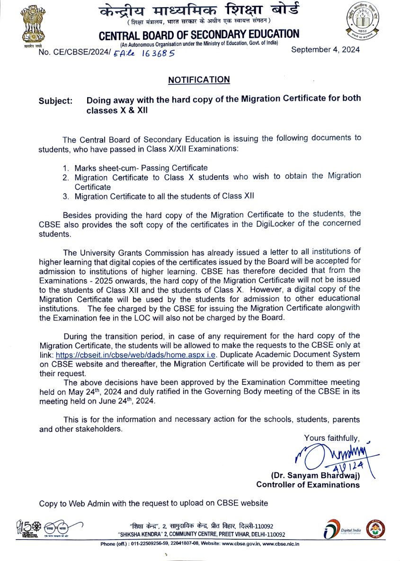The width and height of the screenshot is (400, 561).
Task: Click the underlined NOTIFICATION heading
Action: point(199,80)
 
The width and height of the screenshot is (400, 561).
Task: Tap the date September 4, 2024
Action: point(325,50)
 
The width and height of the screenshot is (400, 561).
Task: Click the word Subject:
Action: point(56,101)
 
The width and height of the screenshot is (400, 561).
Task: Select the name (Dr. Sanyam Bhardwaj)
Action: point(315,475)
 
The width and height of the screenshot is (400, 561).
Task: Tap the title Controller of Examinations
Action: point(308,485)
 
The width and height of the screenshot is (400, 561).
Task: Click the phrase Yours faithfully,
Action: point(332,438)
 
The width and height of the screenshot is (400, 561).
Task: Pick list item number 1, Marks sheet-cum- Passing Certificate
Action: point(141,168)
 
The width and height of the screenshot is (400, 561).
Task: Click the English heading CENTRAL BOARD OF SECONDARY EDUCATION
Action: point(199,35)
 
